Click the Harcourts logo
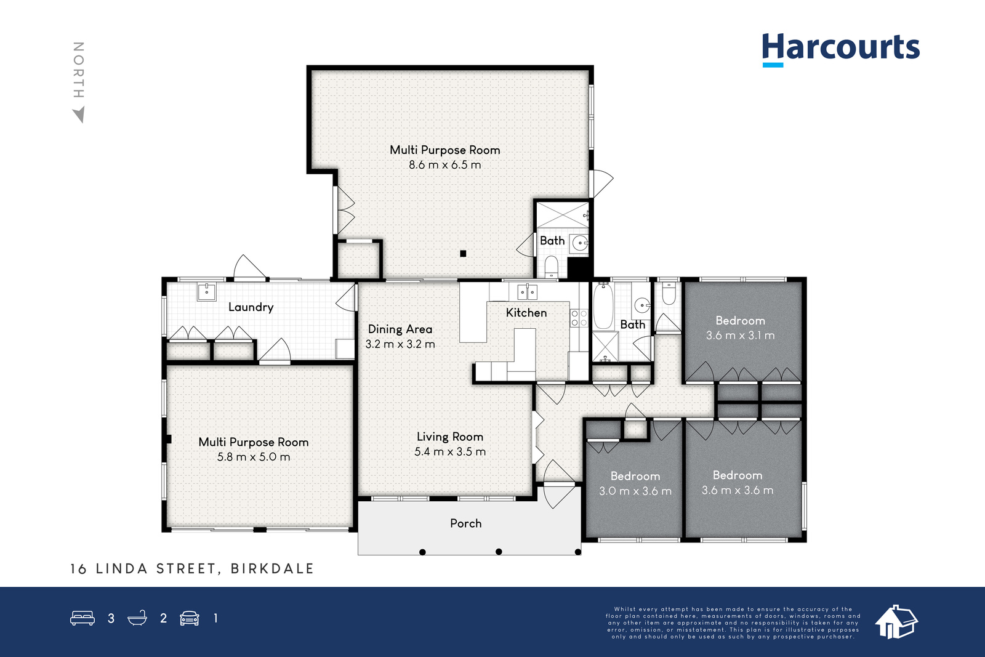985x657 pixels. tap(841, 50)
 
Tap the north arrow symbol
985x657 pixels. tap(79, 115)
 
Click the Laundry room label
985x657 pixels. tap(251, 307)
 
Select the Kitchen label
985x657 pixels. tap(526, 313)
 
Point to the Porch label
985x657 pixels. tap(465, 523)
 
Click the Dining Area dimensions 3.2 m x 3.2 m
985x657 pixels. tap(400, 344)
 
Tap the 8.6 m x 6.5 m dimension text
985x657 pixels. tap(445, 165)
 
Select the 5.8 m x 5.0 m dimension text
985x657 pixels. tap(253, 457)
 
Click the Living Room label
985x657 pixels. tap(450, 437)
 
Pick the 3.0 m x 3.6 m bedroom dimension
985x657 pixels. tap(635, 491)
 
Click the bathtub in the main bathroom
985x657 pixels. tap(603, 306)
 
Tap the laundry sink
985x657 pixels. tap(206, 292)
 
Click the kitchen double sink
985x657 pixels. tap(527, 292)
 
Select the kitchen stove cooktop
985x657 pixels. tap(579, 318)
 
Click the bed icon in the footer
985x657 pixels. tap(82, 618)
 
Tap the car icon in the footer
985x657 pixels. tap(190, 618)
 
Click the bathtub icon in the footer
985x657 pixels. tap(137, 618)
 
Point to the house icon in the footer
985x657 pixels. tap(896, 622)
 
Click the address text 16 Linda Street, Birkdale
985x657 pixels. tap(192, 568)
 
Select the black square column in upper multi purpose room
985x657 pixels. tap(463, 253)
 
